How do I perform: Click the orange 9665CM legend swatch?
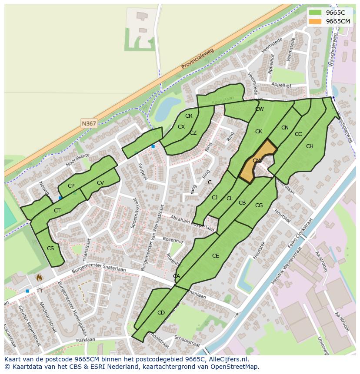315,21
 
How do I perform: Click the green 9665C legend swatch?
315,13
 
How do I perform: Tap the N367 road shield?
89,123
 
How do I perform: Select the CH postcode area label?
310,146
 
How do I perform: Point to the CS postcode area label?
50,248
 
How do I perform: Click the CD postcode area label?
161,313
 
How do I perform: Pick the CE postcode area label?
216,256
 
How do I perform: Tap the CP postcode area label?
71,186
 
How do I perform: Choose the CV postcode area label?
100,183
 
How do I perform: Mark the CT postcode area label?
57,211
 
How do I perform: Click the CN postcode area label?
285,128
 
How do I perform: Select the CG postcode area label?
259,205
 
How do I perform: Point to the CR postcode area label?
189,116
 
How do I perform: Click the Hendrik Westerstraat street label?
286,266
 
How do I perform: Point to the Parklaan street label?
85,340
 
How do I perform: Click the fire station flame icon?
39,277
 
